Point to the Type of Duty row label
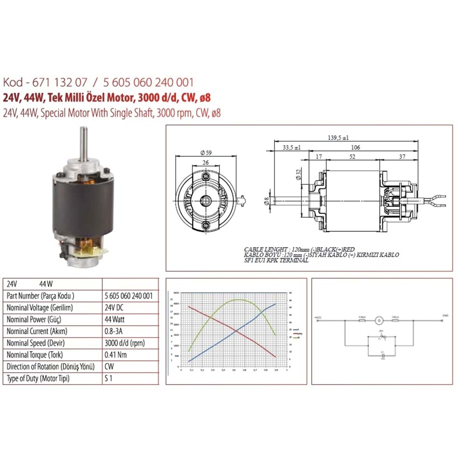point(38,378)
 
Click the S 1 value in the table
point(109,378)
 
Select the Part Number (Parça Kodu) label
point(41,296)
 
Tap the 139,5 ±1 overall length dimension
point(339,138)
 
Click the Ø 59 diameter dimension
point(206,153)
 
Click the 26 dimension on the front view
point(206,162)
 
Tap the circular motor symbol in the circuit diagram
point(379,321)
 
